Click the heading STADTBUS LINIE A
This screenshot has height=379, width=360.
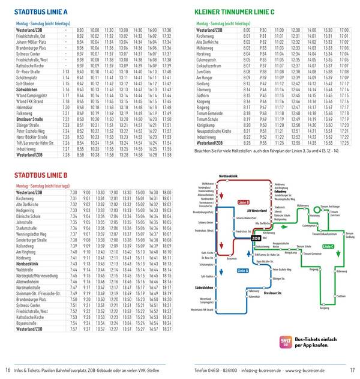point(40,11)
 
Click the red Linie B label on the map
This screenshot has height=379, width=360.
point(244,207)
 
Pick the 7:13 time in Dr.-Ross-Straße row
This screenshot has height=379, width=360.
point(66,71)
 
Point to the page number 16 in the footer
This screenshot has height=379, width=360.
point(8,369)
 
